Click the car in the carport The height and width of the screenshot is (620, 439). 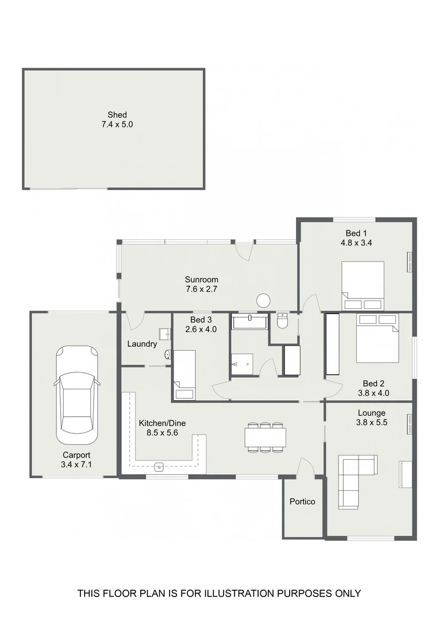[76, 390]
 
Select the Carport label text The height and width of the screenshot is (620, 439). [76, 455]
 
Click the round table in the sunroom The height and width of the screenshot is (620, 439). [264, 300]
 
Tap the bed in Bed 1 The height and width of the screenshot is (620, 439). [363, 281]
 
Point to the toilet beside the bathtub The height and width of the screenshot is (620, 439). [282, 321]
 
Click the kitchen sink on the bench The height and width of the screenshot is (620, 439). [159, 466]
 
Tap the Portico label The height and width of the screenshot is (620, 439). [302, 502]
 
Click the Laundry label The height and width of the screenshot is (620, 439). [142, 344]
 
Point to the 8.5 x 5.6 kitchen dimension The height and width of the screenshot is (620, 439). [162, 433]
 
